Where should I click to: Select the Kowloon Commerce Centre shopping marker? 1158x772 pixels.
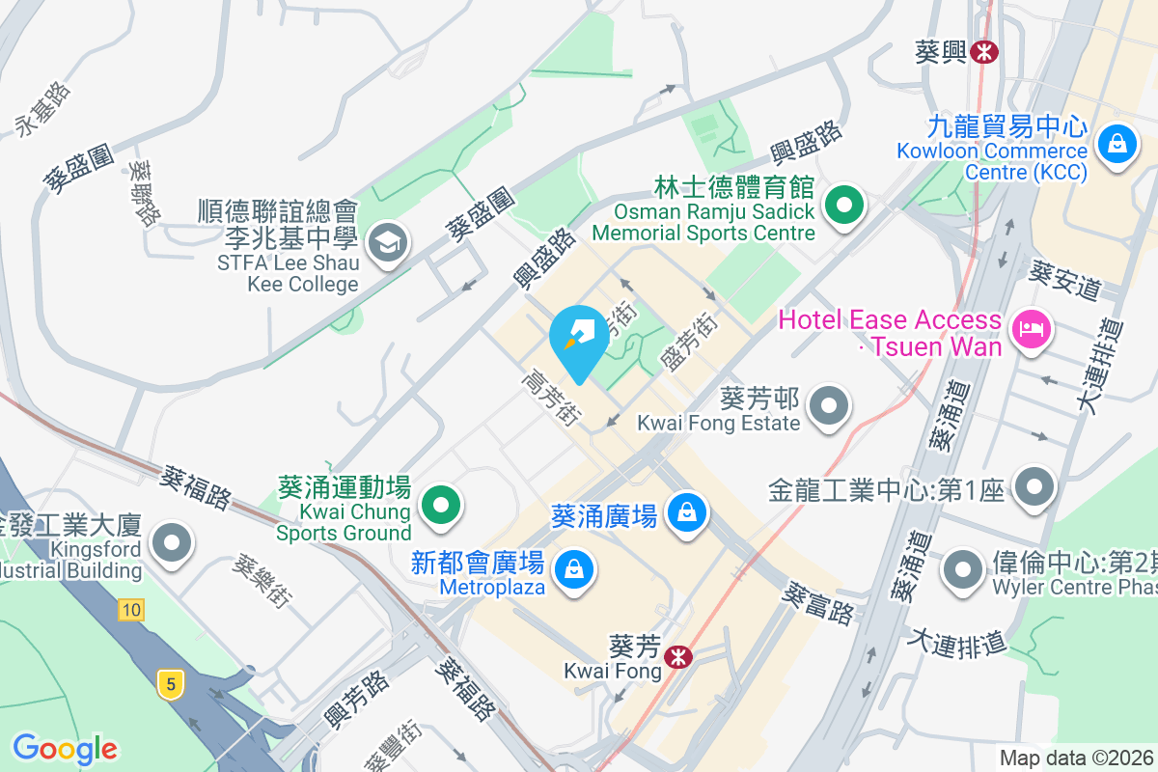[1117, 145]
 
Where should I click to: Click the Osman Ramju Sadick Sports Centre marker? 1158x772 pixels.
[845, 206]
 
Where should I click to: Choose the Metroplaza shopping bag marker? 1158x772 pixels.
[574, 569]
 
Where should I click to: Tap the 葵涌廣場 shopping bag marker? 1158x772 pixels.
[687, 512]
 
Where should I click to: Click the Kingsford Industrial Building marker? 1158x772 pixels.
[173, 542]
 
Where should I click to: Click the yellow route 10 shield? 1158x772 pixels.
[132, 609]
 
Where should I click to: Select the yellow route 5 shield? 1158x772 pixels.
[171, 685]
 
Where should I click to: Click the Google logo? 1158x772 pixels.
[65, 749]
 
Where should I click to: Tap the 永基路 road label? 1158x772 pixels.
[42, 107]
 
